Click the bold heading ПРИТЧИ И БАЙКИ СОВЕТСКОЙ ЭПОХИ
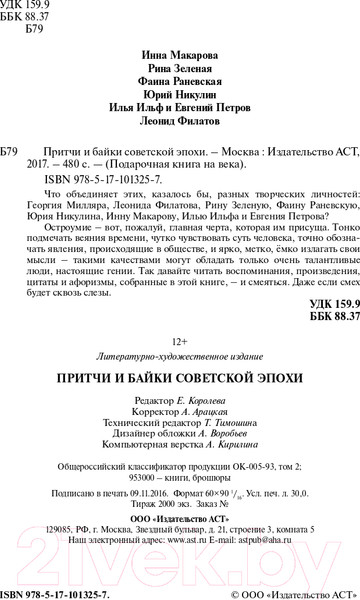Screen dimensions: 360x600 tap(181, 352)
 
